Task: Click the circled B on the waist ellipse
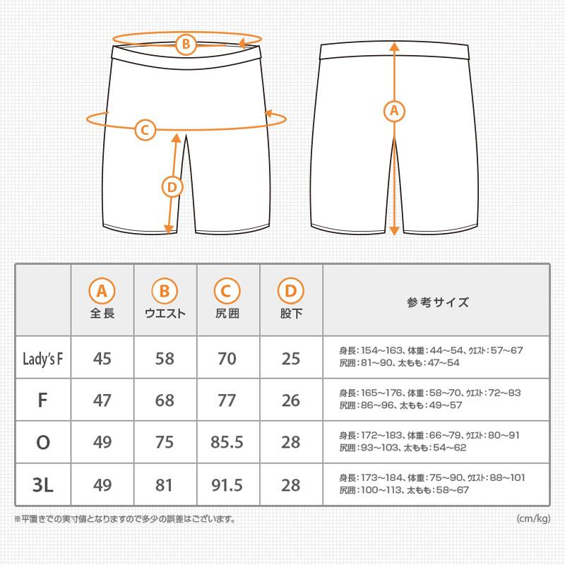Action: [x=185, y=45]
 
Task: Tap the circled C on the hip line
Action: [x=145, y=130]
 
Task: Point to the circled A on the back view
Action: [x=394, y=111]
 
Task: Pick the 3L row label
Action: [x=42, y=485]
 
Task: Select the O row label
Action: [x=42, y=443]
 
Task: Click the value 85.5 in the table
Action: [x=227, y=443]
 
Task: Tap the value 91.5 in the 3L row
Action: [x=227, y=485]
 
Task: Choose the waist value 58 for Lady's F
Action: [x=165, y=358]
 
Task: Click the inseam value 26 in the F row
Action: [x=291, y=400]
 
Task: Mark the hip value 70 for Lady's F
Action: [x=227, y=358]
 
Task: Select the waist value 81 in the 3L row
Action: [x=165, y=485]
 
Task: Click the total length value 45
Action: [x=102, y=358]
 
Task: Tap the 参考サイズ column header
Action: [x=437, y=303]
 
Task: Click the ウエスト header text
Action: [x=165, y=314]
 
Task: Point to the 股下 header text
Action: [x=291, y=314]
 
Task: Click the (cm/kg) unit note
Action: [x=533, y=520]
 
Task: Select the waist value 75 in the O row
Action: [x=165, y=443]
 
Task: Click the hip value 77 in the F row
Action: [x=227, y=400]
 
